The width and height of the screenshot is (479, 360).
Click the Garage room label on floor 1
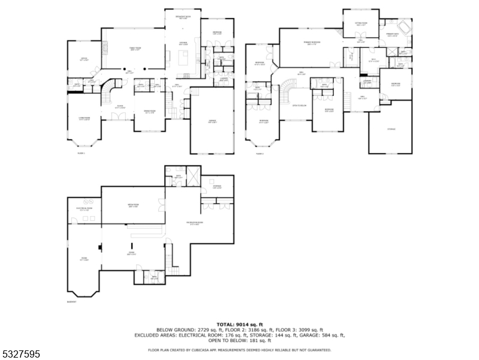tap(212, 121)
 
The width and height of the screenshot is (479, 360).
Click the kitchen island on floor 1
tap(183, 58)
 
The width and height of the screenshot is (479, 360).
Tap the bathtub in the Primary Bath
tap(402, 26)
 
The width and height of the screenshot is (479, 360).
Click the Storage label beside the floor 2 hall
tap(391, 129)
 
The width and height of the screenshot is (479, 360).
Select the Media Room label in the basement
tap(133, 206)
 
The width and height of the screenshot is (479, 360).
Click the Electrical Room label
tap(83, 209)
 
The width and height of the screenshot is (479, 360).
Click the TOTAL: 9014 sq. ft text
tap(239, 324)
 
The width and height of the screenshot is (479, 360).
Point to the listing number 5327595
tap(21, 355)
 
